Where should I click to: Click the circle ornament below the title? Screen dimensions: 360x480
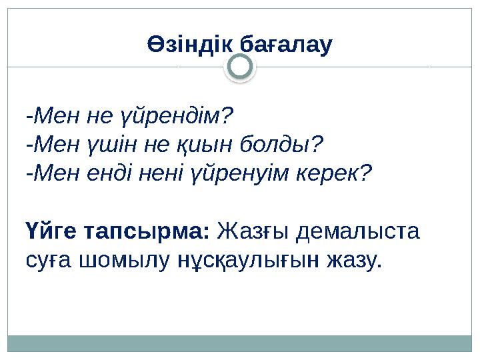pos(240,67)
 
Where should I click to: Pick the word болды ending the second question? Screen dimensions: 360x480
pos(284,144)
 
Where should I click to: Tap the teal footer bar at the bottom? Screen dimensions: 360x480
pos(240,343)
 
